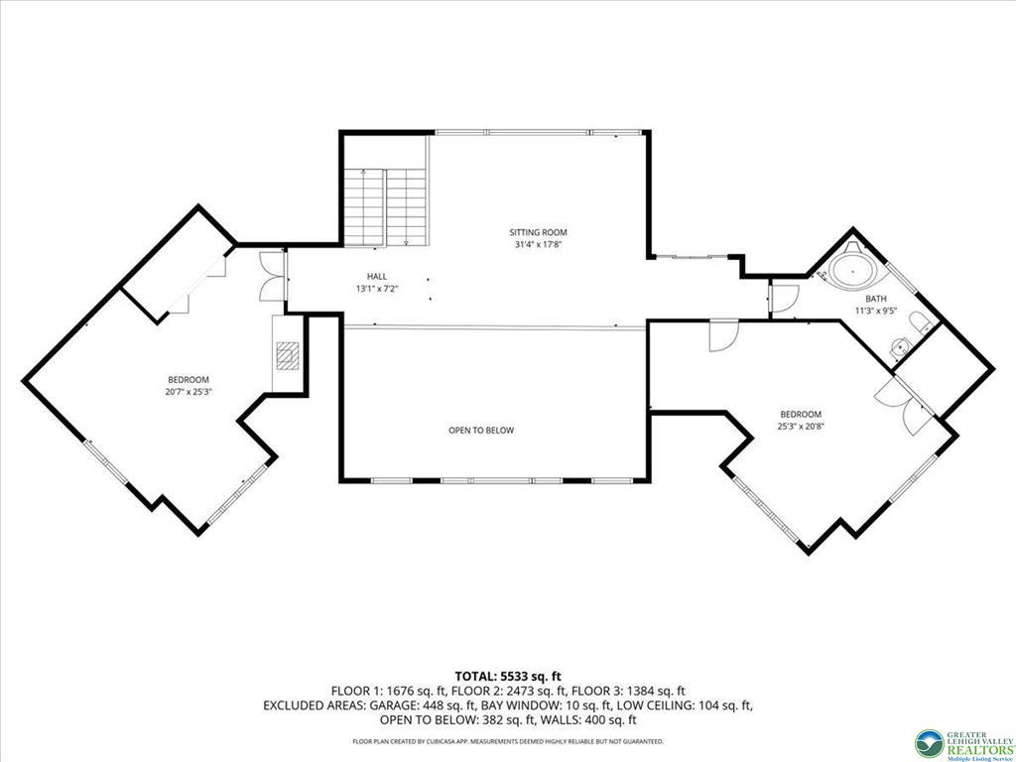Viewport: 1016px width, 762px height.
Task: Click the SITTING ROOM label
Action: click(538, 232)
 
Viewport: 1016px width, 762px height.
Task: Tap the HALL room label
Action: click(376, 277)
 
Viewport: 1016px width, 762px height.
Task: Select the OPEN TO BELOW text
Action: click(481, 431)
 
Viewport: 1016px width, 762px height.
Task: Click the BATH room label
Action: click(876, 299)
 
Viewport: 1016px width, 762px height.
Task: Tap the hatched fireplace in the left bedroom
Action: click(287, 356)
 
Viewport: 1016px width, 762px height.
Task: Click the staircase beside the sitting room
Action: click(384, 207)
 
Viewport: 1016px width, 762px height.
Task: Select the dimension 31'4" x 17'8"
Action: click(538, 245)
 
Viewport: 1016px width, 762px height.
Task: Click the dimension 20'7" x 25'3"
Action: click(189, 391)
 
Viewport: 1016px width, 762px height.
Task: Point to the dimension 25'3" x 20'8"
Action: click(801, 427)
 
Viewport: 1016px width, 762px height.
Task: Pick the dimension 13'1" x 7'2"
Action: click(376, 289)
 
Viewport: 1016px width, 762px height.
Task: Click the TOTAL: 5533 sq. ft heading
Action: click(508, 677)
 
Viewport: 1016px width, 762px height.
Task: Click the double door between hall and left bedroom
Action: click(273, 276)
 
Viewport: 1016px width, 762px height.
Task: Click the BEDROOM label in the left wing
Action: click(189, 380)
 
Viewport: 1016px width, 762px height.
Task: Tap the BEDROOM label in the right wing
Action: click(801, 414)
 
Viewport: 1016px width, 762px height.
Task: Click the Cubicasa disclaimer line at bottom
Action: click(508, 740)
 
